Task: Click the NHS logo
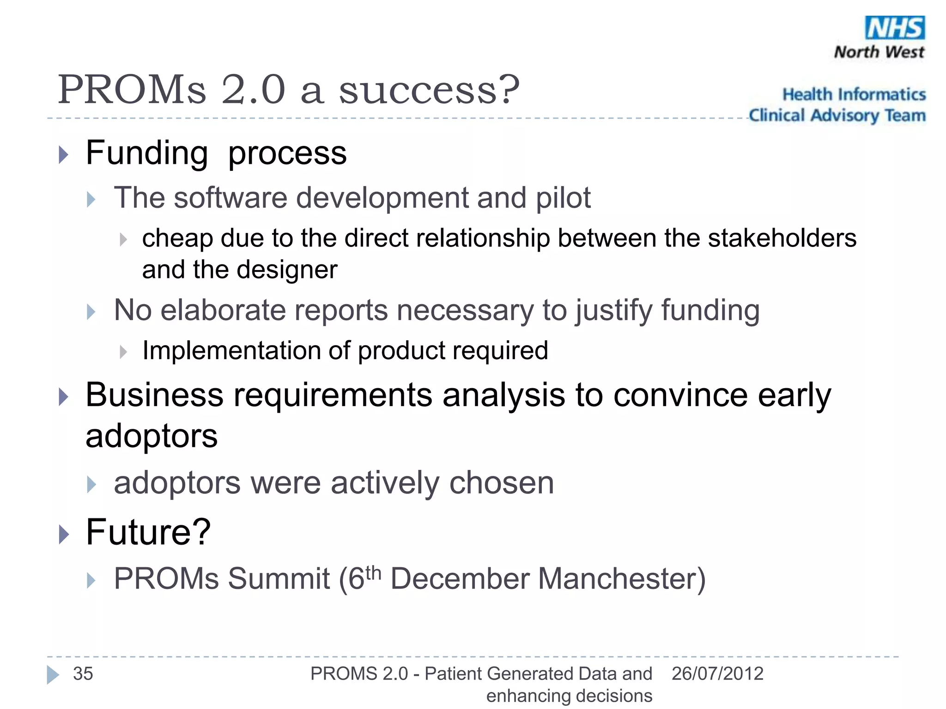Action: (895, 28)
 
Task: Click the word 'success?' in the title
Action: (429, 90)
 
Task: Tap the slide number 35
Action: (83, 674)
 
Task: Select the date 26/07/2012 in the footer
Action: (717, 674)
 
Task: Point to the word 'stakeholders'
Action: (782, 239)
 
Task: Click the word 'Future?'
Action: (148, 532)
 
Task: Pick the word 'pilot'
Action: (563, 198)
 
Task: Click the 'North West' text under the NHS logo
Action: (879, 52)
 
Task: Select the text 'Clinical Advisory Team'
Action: (837, 115)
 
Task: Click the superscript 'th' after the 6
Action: (373, 573)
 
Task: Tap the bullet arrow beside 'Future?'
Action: (64, 535)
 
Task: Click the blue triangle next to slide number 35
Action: (53, 675)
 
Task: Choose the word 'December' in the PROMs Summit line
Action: (459, 579)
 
